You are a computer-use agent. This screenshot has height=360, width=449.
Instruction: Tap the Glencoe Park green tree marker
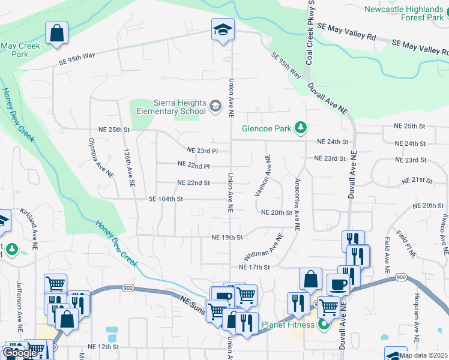(301, 128)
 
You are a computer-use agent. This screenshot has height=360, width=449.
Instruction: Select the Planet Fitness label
(288, 325)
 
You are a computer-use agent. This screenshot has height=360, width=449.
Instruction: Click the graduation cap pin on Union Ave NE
(222, 30)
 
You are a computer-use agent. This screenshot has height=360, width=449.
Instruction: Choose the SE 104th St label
(165, 199)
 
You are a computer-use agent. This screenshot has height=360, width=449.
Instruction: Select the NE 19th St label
(226, 237)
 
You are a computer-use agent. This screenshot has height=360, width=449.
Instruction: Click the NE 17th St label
(255, 267)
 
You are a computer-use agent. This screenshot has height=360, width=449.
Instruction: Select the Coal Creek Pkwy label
(310, 33)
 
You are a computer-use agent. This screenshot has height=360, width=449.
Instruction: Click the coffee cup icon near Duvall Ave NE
(337, 284)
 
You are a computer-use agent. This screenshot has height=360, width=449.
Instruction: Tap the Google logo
(20, 353)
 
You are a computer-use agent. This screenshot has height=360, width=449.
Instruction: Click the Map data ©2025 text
(423, 355)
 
